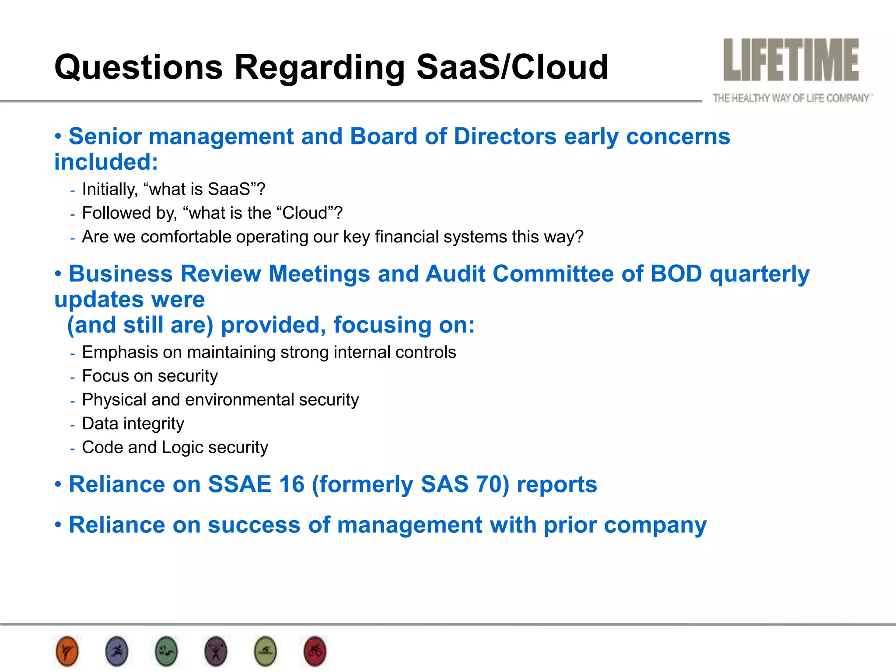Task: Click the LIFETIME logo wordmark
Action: click(x=791, y=60)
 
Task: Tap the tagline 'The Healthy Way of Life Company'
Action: click(x=791, y=98)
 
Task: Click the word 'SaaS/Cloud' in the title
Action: click(x=512, y=67)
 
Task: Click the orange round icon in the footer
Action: click(x=67, y=651)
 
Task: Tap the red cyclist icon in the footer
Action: click(x=315, y=651)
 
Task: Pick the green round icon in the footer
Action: click(x=166, y=651)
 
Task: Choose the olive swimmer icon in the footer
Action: click(x=266, y=651)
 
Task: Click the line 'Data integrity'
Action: click(x=133, y=423)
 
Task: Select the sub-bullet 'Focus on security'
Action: click(x=150, y=376)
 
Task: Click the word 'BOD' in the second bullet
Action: click(x=676, y=274)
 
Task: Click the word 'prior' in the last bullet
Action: click(x=570, y=525)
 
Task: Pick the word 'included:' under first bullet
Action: click(x=106, y=162)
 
